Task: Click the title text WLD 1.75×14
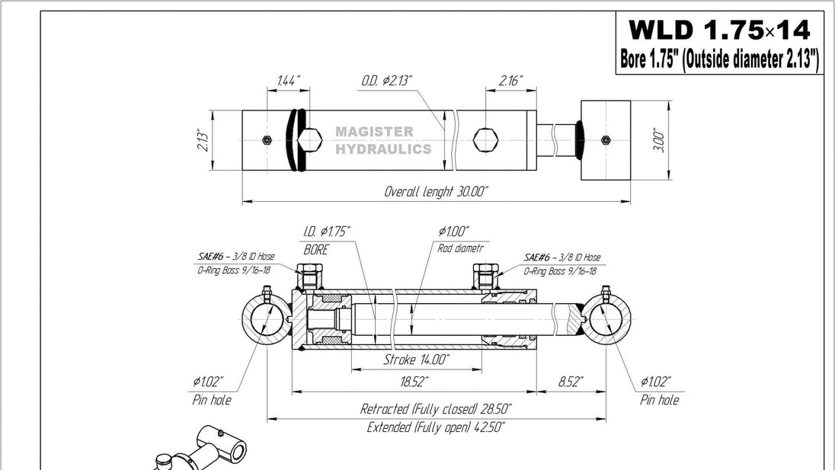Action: click(718, 30)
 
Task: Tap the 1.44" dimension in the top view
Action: click(289, 80)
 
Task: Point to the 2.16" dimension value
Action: click(510, 80)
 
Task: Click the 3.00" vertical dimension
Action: click(660, 141)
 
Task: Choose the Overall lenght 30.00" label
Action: click(436, 191)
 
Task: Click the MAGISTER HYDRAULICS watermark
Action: click(383, 141)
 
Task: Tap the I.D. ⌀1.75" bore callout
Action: click(327, 232)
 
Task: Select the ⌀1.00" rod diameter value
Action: click(454, 232)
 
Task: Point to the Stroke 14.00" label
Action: click(416, 359)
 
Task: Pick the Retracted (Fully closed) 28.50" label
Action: click(436, 409)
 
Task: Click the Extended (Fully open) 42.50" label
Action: click(436, 427)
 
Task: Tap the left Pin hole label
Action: click(211, 400)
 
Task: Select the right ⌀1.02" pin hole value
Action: click(656, 382)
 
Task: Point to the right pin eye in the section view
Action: click(607, 322)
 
